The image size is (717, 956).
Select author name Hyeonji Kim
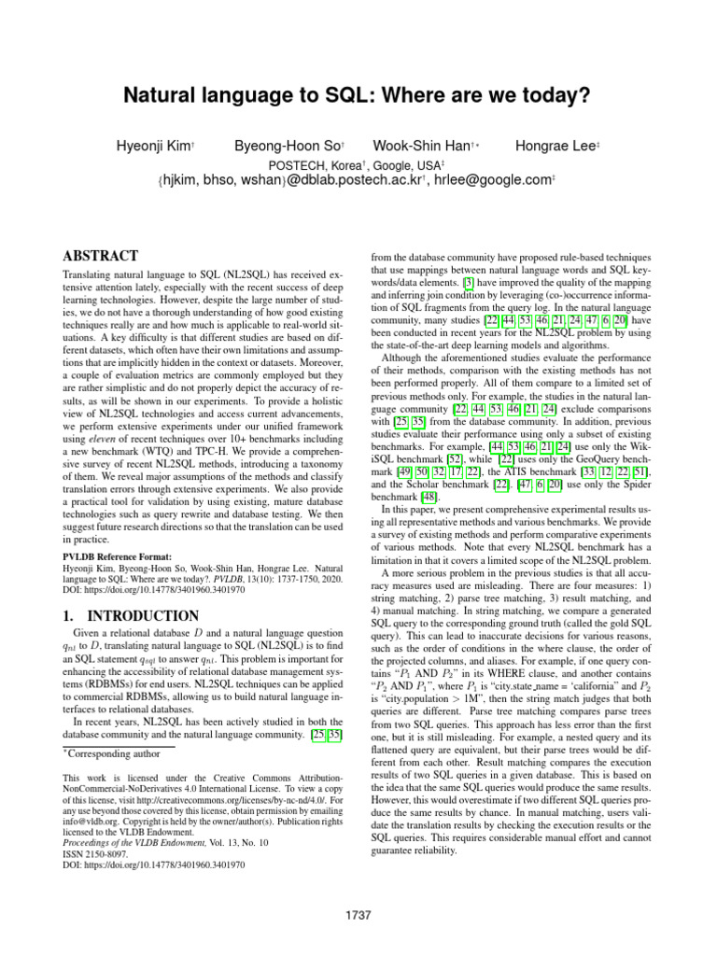(x=152, y=147)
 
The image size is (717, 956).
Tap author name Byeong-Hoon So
(x=274, y=147)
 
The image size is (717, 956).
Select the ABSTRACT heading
(x=100, y=255)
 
